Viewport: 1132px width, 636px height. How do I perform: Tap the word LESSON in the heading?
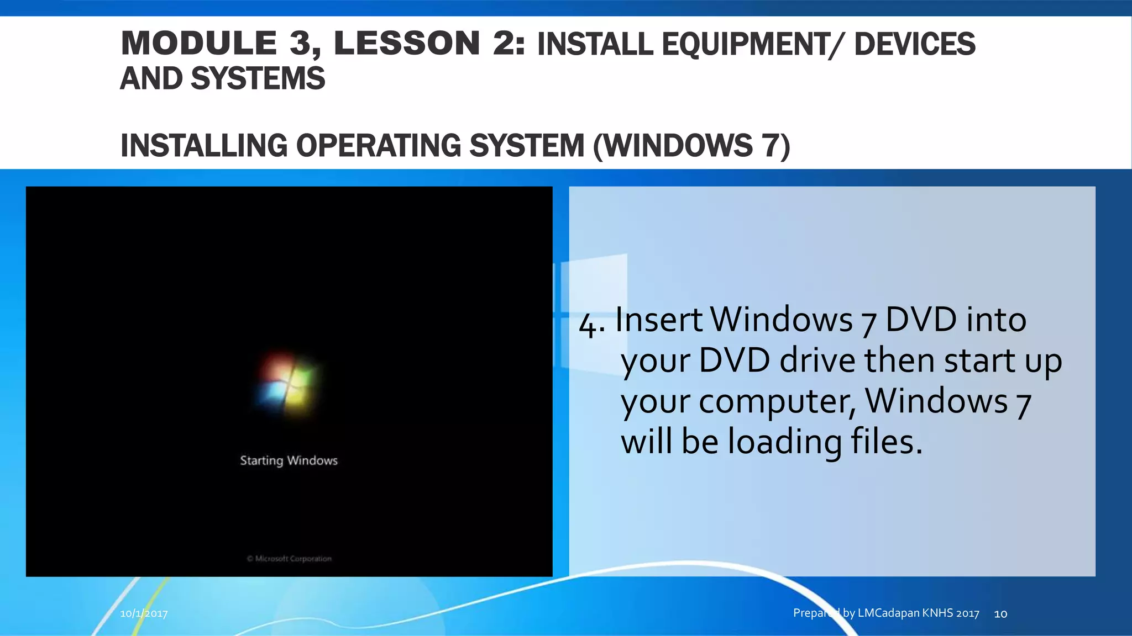406,44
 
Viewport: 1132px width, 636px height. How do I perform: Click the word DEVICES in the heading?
915,45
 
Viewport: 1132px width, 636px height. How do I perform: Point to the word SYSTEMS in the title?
258,79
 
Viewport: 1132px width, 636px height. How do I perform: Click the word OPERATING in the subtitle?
378,146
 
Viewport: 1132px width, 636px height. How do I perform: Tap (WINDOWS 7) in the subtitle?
691,146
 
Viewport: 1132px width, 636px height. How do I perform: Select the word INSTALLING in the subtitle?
203,146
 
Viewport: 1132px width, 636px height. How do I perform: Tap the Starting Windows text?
289,460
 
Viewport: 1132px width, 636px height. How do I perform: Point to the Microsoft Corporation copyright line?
289,559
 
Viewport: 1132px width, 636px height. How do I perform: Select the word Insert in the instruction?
658,320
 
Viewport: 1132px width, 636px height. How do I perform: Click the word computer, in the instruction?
777,401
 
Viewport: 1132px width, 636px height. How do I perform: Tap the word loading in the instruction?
784,443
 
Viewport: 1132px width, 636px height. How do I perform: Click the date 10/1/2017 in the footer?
144,613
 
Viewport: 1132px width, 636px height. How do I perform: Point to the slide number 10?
1000,613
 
